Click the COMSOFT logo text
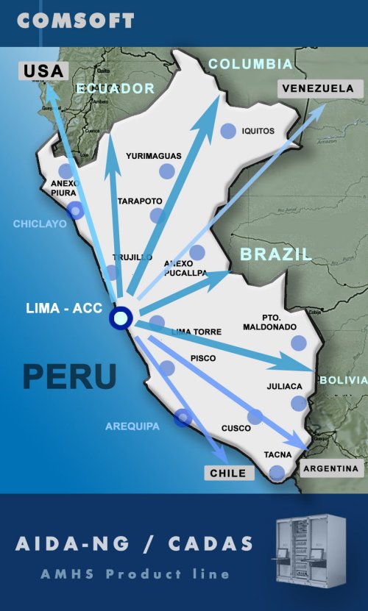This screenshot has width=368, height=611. [x=75, y=21]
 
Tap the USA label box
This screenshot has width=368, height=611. [x=43, y=71]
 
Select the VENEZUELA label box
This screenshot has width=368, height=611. [x=317, y=88]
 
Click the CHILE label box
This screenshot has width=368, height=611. [x=228, y=473]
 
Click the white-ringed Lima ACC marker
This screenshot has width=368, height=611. [x=120, y=318]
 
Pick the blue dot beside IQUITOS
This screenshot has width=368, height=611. [x=228, y=131]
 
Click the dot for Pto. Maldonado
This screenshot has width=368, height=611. [x=298, y=343]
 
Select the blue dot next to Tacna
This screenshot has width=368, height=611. [x=277, y=472]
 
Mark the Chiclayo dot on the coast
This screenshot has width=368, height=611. [x=75, y=212]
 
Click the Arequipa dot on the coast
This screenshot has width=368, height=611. [x=183, y=418]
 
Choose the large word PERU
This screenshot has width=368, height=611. [x=69, y=376]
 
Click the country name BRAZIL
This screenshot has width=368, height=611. [x=275, y=254]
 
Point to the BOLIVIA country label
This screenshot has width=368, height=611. [x=343, y=379]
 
